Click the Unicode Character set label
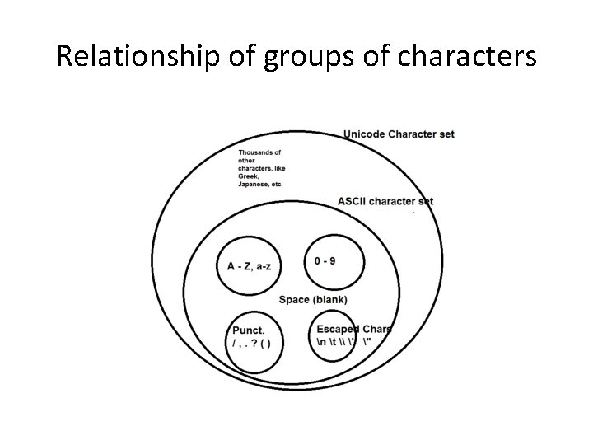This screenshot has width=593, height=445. (x=399, y=133)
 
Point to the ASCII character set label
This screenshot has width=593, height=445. (x=385, y=201)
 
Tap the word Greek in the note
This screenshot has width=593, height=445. (x=248, y=176)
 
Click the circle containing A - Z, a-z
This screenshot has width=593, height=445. (x=248, y=265)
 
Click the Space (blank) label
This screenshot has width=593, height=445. (x=313, y=299)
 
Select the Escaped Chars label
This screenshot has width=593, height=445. (x=354, y=330)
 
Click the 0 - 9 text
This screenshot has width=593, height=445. (x=325, y=261)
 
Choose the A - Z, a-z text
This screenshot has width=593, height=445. (x=248, y=266)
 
